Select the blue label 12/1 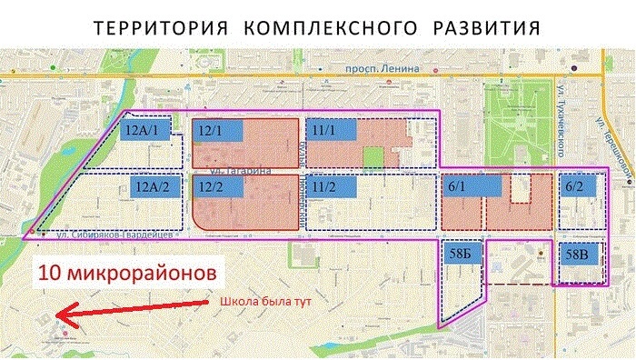[217, 130]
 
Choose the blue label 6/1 [472, 185]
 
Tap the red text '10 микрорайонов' [126, 272]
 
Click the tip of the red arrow [56, 315]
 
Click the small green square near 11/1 [373, 155]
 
